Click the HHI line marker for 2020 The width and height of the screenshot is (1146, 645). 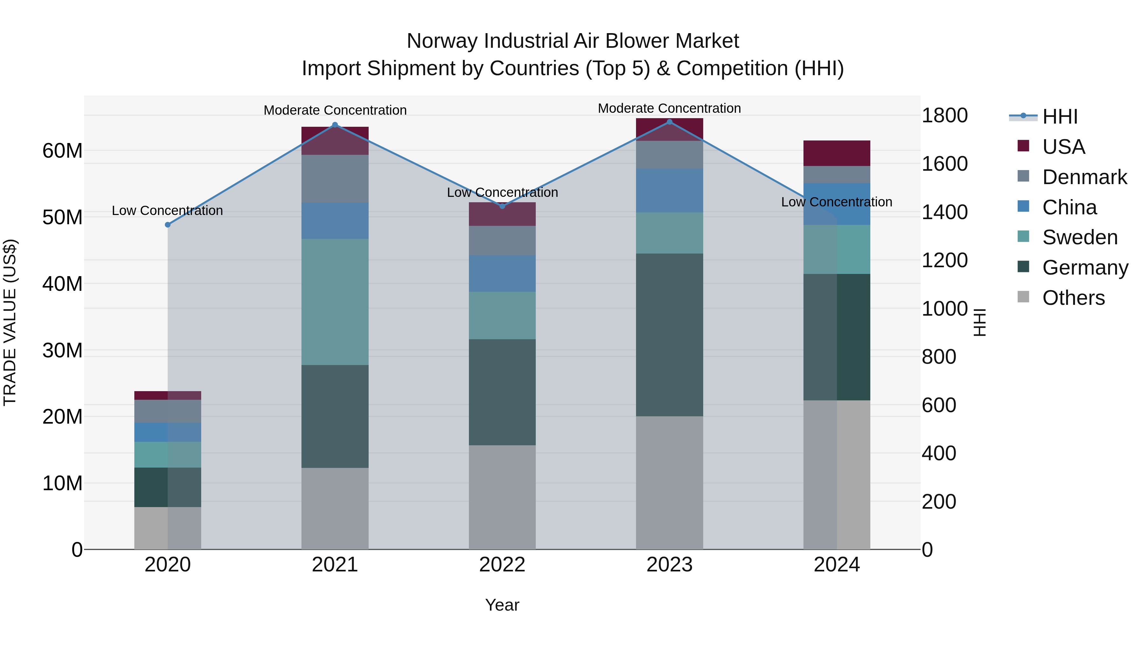click(x=168, y=225)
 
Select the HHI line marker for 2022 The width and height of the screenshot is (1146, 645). click(x=502, y=206)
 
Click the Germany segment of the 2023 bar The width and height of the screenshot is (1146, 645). click(x=669, y=335)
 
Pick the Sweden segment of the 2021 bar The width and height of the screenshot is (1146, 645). click(x=335, y=302)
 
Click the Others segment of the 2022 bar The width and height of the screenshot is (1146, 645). click(x=502, y=497)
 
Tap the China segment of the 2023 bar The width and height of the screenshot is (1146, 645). click(x=669, y=190)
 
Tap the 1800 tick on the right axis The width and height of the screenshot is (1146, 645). click(x=944, y=116)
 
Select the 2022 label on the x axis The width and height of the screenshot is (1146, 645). click(x=502, y=565)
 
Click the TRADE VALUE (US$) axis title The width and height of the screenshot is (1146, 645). click(x=10, y=322)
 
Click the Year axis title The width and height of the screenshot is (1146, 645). click(x=502, y=605)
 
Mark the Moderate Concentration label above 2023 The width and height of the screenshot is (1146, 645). click(x=669, y=108)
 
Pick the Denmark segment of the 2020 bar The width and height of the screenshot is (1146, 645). click(x=168, y=411)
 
